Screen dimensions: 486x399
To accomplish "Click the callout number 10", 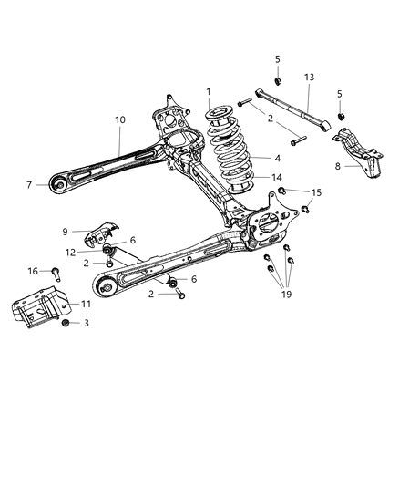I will (120, 119).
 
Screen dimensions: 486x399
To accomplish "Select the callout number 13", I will (309, 78).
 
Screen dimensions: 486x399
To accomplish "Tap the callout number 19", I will (286, 294).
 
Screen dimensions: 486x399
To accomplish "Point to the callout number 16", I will (32, 271).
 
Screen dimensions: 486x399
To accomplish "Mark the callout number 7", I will (30, 185).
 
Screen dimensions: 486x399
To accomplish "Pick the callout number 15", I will (316, 192).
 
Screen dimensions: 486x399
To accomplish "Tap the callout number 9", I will (65, 231).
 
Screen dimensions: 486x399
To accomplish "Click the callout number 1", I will (208, 92).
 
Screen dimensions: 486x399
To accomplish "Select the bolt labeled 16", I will (55, 272).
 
